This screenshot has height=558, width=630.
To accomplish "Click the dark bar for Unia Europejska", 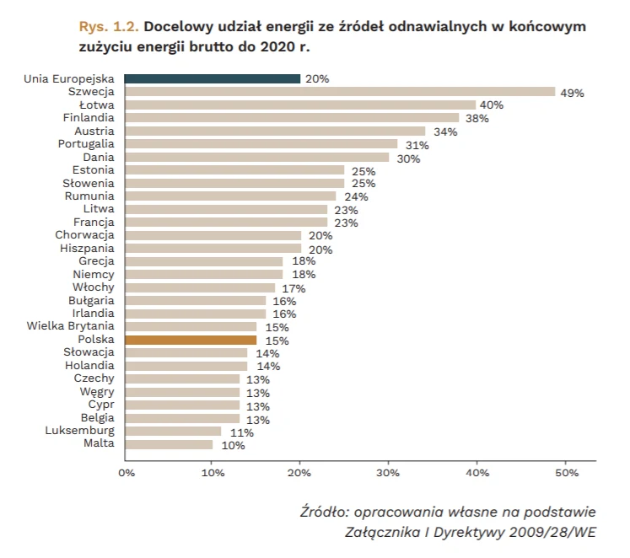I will click(213, 78).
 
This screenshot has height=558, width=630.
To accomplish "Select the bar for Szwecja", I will click(340, 92).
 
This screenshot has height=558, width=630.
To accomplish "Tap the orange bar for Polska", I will click(191, 340).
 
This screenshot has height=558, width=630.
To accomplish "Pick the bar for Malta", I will click(169, 443).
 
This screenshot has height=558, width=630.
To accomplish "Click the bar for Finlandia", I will click(292, 118).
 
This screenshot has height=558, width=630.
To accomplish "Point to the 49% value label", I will click(573, 93).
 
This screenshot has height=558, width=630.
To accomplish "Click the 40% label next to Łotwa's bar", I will click(491, 105).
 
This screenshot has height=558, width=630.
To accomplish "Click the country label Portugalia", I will click(86, 144).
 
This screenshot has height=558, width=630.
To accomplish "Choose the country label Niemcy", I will click(94, 274).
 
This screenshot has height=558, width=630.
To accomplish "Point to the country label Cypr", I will click(101, 405).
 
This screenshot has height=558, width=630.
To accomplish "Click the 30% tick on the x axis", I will click(388, 474).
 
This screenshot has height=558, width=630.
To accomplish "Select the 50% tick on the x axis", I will click(566, 474).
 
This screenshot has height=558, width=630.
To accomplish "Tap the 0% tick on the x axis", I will click(127, 474).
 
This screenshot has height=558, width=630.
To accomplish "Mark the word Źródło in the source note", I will click(325, 512).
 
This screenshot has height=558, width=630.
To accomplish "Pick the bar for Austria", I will click(275, 131).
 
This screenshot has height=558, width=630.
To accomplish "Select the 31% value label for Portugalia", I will click(417, 145).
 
